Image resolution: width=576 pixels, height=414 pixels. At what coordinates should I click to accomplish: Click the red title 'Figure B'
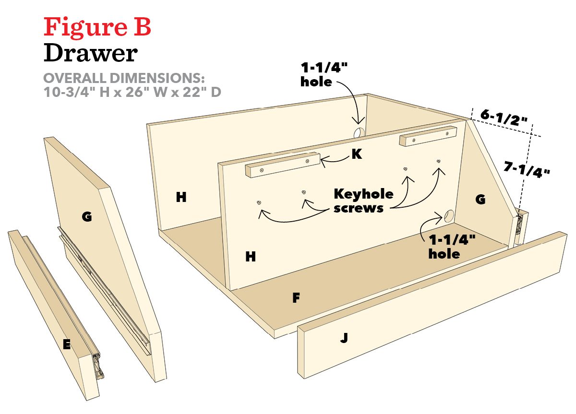[97, 27]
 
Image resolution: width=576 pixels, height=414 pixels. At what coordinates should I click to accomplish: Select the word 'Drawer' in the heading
[91, 53]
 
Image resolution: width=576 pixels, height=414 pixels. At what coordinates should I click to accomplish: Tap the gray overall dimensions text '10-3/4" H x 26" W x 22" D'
[132, 92]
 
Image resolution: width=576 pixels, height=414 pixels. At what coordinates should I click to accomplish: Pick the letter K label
[356, 154]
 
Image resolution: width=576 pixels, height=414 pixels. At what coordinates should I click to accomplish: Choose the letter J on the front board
[344, 339]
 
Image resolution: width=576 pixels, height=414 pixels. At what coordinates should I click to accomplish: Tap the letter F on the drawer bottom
[296, 298]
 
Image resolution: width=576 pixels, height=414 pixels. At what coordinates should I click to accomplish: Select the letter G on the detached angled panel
[87, 217]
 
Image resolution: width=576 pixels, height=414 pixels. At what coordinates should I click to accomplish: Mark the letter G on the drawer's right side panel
[480, 200]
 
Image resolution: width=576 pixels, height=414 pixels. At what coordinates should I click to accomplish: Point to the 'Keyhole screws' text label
[363, 201]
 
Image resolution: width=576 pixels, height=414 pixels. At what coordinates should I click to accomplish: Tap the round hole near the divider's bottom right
[450, 216]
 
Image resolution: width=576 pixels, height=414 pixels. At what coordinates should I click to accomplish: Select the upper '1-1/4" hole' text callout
[323, 74]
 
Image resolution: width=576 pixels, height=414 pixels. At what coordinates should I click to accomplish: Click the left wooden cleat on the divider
[282, 166]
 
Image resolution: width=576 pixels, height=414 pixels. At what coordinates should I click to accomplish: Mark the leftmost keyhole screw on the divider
[259, 203]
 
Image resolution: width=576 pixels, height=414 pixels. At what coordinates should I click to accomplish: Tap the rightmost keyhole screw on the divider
[438, 162]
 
